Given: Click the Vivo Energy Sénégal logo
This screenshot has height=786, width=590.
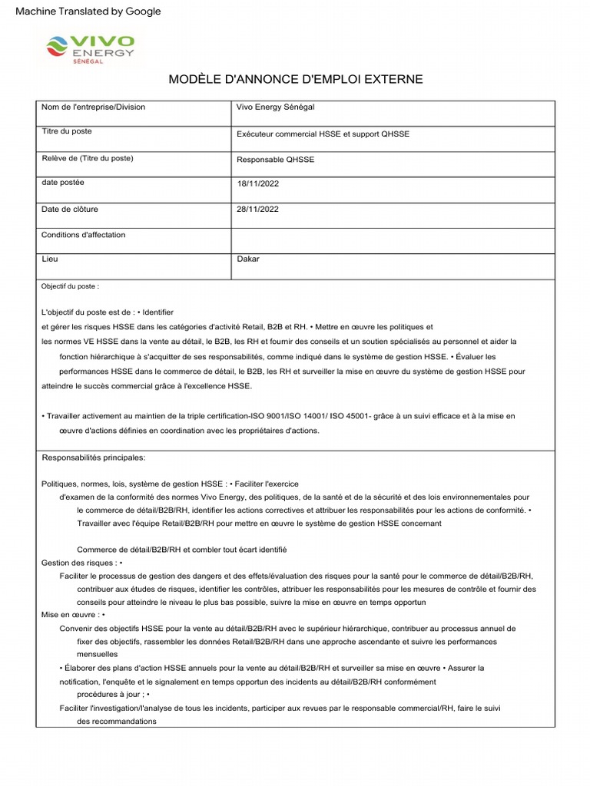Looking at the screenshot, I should [90, 49].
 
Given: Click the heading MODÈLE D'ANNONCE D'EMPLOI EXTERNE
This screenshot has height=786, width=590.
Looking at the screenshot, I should [296, 80].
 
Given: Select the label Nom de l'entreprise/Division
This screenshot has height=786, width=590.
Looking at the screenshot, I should [93, 107].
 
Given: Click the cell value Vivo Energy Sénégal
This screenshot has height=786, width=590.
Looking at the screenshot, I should [276, 107].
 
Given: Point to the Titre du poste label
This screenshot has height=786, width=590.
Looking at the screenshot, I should [66, 132].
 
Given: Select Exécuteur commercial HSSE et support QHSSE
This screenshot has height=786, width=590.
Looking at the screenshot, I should [323, 134].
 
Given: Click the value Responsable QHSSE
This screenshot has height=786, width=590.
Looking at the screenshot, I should [276, 160].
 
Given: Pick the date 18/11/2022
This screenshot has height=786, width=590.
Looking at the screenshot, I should [259, 184].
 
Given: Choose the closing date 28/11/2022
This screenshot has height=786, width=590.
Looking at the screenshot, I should [259, 210].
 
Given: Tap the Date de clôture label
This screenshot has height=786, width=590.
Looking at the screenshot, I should [70, 209].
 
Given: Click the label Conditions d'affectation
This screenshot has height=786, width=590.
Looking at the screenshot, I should [83, 235].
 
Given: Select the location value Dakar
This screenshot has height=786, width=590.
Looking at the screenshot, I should [248, 259].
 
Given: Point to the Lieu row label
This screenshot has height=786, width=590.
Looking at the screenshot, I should [50, 259].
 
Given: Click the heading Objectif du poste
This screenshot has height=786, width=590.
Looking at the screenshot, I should [70, 286].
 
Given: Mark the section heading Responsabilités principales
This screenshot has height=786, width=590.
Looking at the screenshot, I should [93, 458].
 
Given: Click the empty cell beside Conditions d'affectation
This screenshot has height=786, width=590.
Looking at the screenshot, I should [393, 240].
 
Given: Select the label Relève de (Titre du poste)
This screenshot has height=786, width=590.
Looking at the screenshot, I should [87, 158].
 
